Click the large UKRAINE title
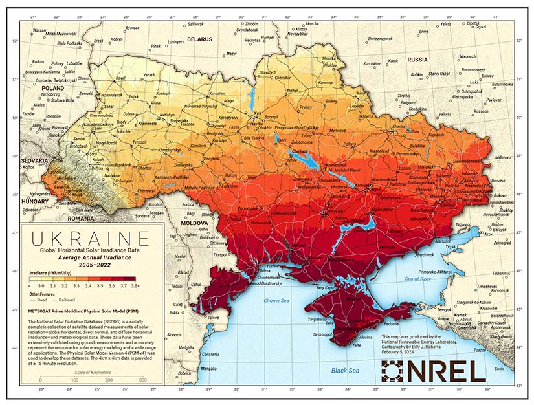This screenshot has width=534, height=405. [x=89, y=236]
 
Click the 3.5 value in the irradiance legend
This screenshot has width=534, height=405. [x=99, y=285]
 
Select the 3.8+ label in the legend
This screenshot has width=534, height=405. [x=135, y=285]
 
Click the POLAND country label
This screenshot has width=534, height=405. [x=52, y=87]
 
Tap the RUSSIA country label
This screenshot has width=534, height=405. [x=417, y=60]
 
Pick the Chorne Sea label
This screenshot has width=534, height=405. [x=277, y=301]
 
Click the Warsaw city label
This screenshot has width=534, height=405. [x=39, y=30]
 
